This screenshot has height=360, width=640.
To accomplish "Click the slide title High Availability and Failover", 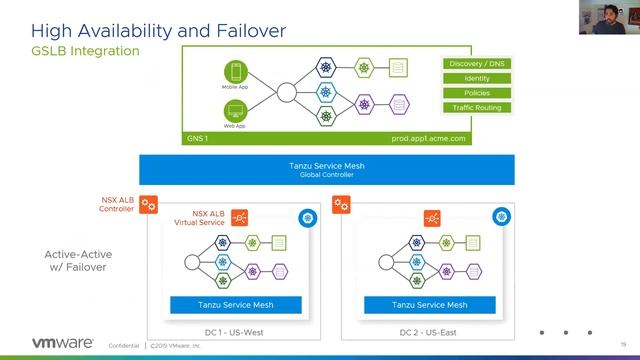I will pos(145,30).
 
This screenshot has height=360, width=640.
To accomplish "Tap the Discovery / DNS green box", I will pos(476,64).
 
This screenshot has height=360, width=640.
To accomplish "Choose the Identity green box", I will pos(476,78).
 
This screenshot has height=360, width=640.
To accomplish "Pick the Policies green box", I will pos(476,92).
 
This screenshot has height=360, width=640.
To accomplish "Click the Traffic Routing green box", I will pos(476,107).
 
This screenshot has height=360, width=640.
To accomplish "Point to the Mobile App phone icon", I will pos(236,74).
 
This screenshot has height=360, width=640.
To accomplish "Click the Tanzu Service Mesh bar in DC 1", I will pos(236,305).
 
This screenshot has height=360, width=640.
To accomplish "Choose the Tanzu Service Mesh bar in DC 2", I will pos(429,305).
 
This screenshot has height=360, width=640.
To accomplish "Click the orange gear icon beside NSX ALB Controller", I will pos(148,205).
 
